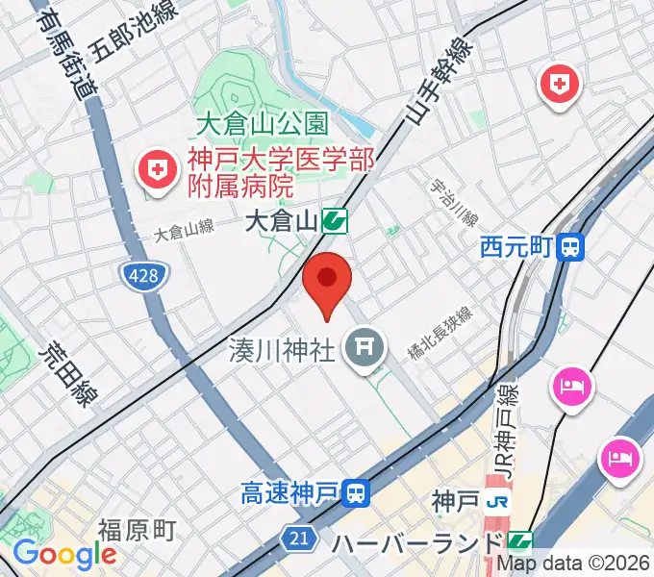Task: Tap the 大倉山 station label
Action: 281,222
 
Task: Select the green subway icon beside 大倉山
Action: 335,222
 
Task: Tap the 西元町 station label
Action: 516,248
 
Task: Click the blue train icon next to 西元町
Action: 571,248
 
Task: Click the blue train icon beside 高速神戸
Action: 357,495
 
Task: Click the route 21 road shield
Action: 300,538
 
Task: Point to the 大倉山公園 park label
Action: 262,124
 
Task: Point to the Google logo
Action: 63,554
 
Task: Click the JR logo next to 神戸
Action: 497,501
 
